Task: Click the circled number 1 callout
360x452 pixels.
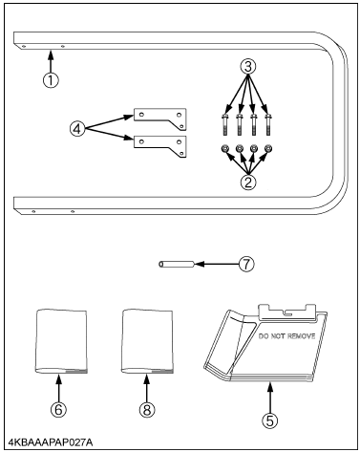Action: point(51,79)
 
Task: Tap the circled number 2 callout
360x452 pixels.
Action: point(248,183)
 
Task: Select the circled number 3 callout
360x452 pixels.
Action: point(248,67)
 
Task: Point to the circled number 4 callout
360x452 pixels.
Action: point(77,129)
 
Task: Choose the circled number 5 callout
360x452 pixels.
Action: point(269,420)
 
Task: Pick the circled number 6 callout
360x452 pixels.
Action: point(59,410)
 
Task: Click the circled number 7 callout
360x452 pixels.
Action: point(246,264)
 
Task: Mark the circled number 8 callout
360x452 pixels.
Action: point(147,410)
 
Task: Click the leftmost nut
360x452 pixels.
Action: point(224,148)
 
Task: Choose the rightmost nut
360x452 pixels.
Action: point(268,148)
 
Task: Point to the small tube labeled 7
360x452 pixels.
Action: point(177,264)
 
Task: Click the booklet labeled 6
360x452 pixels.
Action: point(60,340)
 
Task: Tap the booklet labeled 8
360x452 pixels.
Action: point(147,340)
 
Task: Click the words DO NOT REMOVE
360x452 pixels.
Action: point(286,336)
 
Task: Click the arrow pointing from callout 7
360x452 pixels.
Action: point(217,264)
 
